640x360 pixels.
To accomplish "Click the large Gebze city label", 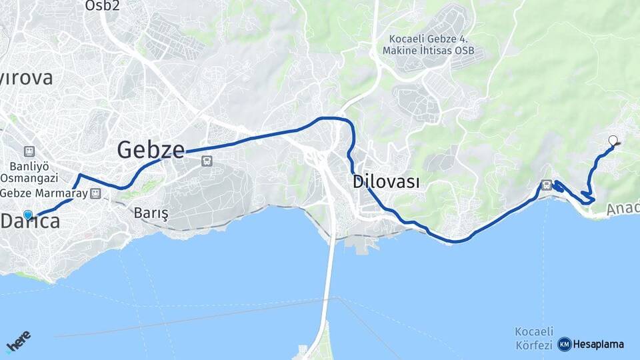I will tap(151, 149).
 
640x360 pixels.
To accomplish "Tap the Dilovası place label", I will tap(386, 181).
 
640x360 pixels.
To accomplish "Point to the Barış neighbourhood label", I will tap(151, 213).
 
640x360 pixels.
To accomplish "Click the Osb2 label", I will tap(102, 6).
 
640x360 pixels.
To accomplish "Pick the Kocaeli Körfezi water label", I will tap(535, 338).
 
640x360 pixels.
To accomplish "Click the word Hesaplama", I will tap(599, 344).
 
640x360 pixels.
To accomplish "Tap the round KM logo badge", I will tap(565, 344).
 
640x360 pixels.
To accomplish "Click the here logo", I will tap(18, 342).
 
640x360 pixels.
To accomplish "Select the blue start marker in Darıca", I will tap(28, 215).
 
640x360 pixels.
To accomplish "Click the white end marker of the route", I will tap(613, 140).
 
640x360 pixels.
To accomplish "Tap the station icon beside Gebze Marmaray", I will tap(96, 193).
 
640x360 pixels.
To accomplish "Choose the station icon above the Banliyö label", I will tap(29, 151).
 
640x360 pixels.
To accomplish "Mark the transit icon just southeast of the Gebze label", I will tap(207, 161).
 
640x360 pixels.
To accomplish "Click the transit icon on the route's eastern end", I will tap(547, 185).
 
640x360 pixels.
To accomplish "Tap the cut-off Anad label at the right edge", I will tap(623, 209).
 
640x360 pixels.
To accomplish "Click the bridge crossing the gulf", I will tap(328, 280).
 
